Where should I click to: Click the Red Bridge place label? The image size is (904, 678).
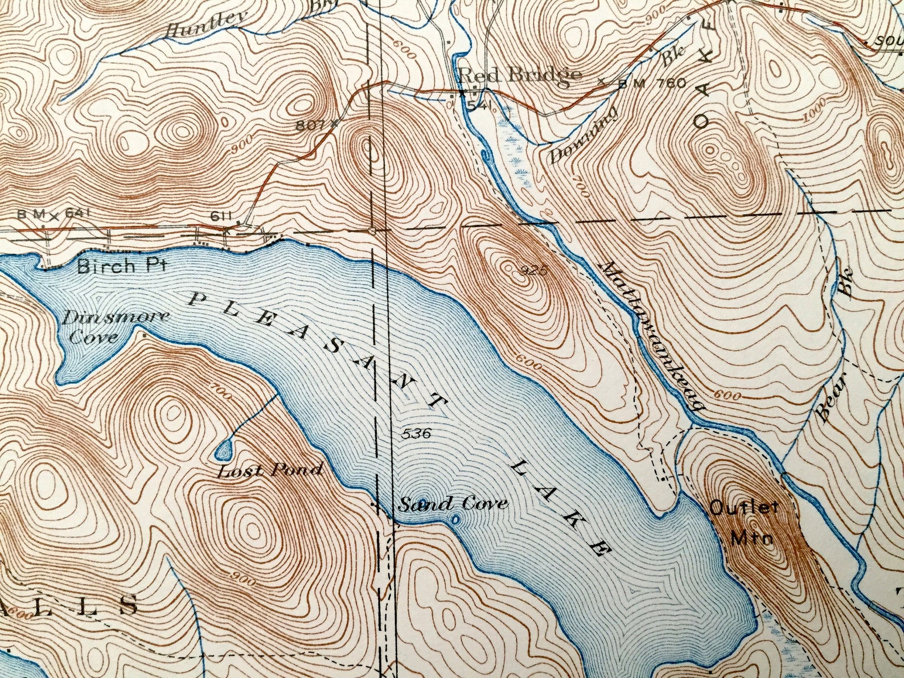pos(519,75)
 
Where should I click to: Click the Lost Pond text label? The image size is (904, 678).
pos(270,470)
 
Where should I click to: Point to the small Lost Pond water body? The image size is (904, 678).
pos(224,450)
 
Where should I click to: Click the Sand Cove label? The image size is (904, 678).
pos(453,503)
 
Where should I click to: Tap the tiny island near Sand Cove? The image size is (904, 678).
pos(455,519)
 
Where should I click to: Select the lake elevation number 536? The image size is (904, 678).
pos(416,433)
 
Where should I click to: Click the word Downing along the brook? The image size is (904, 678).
pos(582,135)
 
